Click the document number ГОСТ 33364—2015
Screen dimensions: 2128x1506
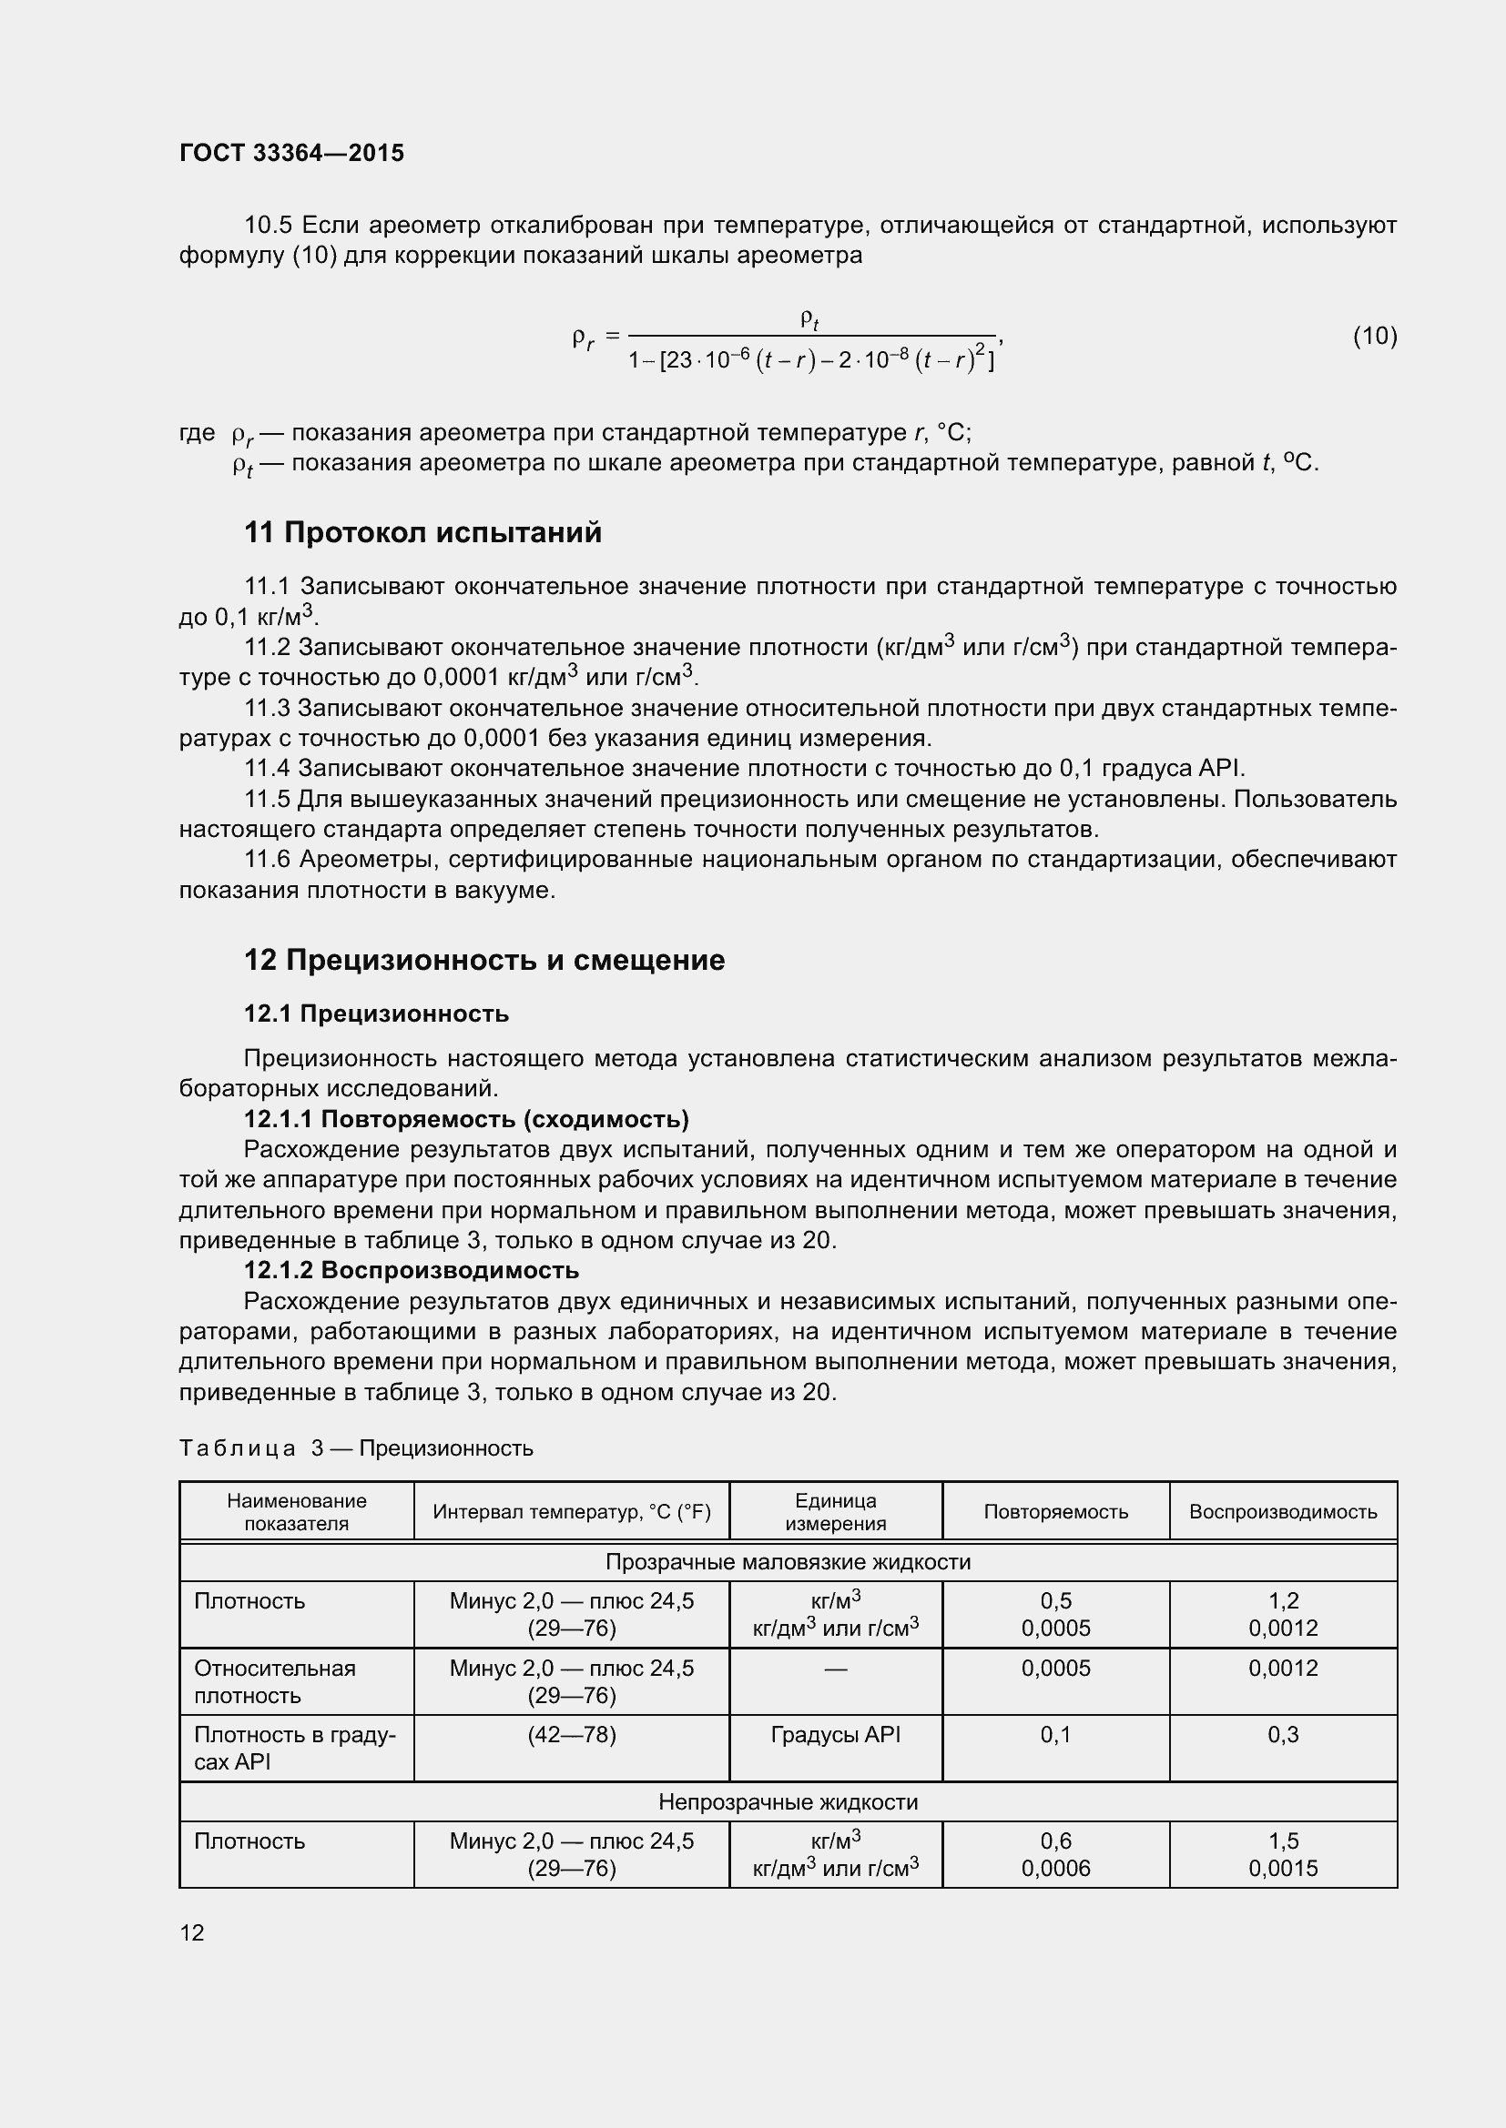click(291, 153)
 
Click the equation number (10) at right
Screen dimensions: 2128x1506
click(1374, 336)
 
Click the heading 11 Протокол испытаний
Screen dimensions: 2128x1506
click(422, 533)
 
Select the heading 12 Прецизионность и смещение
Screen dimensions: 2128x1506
click(484, 960)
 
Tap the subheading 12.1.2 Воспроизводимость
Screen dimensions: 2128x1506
click(411, 1270)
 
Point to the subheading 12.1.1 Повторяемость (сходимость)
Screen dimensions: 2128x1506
click(465, 1119)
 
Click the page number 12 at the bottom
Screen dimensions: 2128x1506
click(192, 1932)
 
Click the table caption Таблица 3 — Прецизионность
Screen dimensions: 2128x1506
click(356, 1447)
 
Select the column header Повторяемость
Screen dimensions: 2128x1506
click(1055, 1512)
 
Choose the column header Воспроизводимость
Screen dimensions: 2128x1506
click(1283, 1512)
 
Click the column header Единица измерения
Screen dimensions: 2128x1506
click(836, 1512)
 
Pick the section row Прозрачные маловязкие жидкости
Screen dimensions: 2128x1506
click(788, 1562)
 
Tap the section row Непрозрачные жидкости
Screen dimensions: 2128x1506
click(788, 1801)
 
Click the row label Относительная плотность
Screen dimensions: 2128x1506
click(274, 1681)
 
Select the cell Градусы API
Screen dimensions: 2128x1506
click(836, 1734)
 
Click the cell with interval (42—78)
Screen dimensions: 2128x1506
click(571, 1734)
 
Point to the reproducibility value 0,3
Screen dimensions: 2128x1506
click(1283, 1734)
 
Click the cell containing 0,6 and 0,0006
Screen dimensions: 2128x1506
click(1055, 1854)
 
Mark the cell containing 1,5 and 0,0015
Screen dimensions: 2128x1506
click(1283, 1854)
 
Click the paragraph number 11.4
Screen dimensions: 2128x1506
click(267, 769)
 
